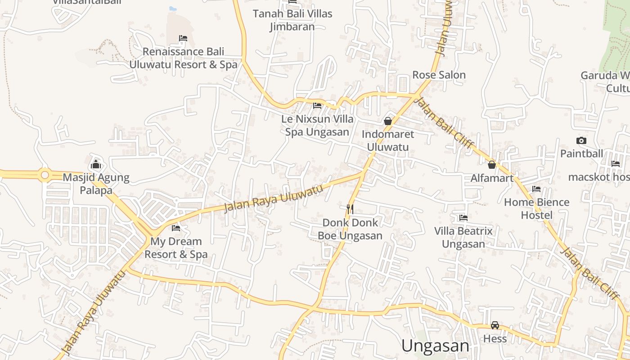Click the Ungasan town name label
(435, 346)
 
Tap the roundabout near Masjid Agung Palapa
(45, 175)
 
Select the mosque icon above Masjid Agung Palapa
(95, 164)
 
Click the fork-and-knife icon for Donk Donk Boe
(350, 209)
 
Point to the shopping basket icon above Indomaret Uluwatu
(388, 121)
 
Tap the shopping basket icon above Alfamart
(492, 165)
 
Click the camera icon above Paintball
(581, 140)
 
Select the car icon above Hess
(495, 325)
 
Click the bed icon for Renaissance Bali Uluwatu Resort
(183, 38)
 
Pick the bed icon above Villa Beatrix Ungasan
(463, 218)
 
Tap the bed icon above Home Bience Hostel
(536, 189)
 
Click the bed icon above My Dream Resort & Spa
(176, 228)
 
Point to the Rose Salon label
(439, 75)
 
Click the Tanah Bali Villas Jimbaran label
(292, 20)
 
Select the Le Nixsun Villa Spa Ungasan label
(318, 126)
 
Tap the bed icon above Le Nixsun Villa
(317, 106)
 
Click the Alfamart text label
(492, 178)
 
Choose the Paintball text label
(581, 153)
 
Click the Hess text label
(495, 338)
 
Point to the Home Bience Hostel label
(536, 209)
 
